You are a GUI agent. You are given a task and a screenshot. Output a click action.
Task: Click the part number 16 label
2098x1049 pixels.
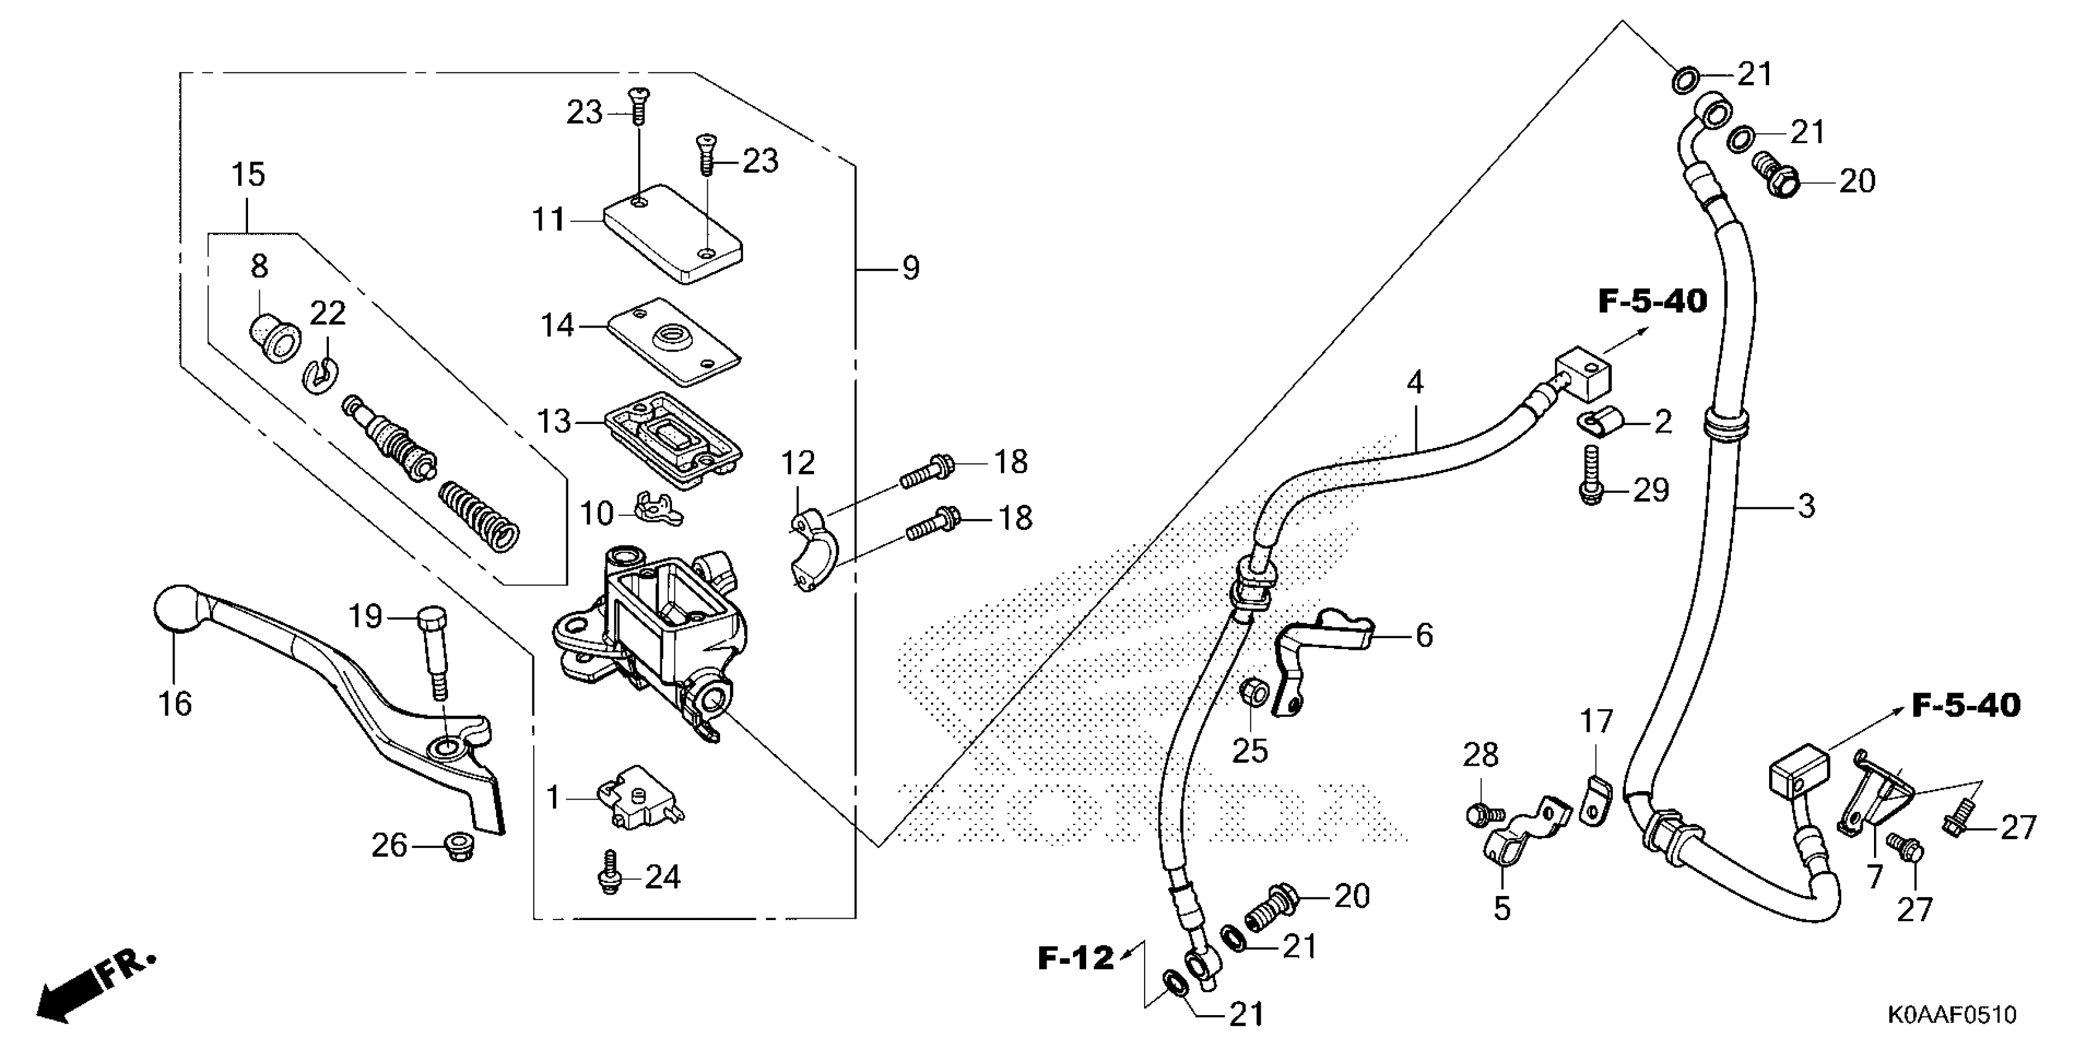174,703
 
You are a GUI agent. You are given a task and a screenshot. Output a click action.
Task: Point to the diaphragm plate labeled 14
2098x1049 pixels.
673,342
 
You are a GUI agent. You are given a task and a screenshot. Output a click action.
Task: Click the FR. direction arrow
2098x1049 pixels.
89,990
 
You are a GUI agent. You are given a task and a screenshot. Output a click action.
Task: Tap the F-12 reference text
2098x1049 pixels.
1075,958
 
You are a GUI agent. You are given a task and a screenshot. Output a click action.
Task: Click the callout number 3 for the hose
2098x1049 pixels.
1806,506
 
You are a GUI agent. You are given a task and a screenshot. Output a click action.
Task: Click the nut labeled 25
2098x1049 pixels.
1252,692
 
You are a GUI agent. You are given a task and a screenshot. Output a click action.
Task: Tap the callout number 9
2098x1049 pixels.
911,267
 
